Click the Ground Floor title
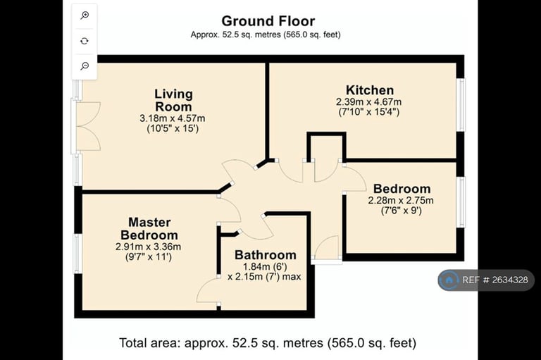click(x=268, y=21)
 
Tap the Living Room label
click(x=173, y=100)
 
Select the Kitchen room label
click(x=370, y=90)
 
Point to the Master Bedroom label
click(x=149, y=228)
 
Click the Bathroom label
click(x=266, y=255)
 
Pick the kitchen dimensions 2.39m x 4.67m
click(x=369, y=102)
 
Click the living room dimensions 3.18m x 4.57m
click(x=172, y=118)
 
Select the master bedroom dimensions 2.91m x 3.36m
click(x=149, y=247)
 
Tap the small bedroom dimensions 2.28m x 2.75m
click(x=401, y=200)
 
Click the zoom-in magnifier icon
click(x=85, y=15)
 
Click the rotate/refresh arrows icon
click(x=85, y=41)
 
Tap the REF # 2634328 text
click(x=495, y=280)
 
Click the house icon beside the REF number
click(x=449, y=280)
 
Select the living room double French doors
click(x=85, y=126)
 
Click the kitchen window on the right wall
click(x=461, y=104)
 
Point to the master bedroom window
click(x=77, y=254)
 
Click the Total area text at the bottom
click(x=268, y=343)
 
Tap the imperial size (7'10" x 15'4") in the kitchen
click(x=369, y=112)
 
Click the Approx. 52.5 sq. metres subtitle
click(x=266, y=35)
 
